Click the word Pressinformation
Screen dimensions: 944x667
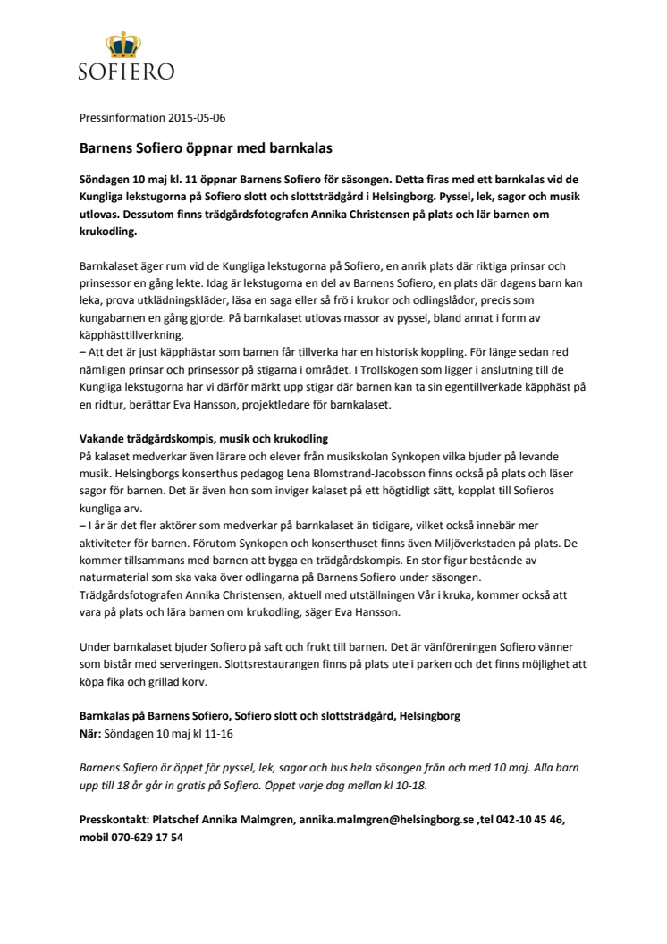(x=115, y=117)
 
